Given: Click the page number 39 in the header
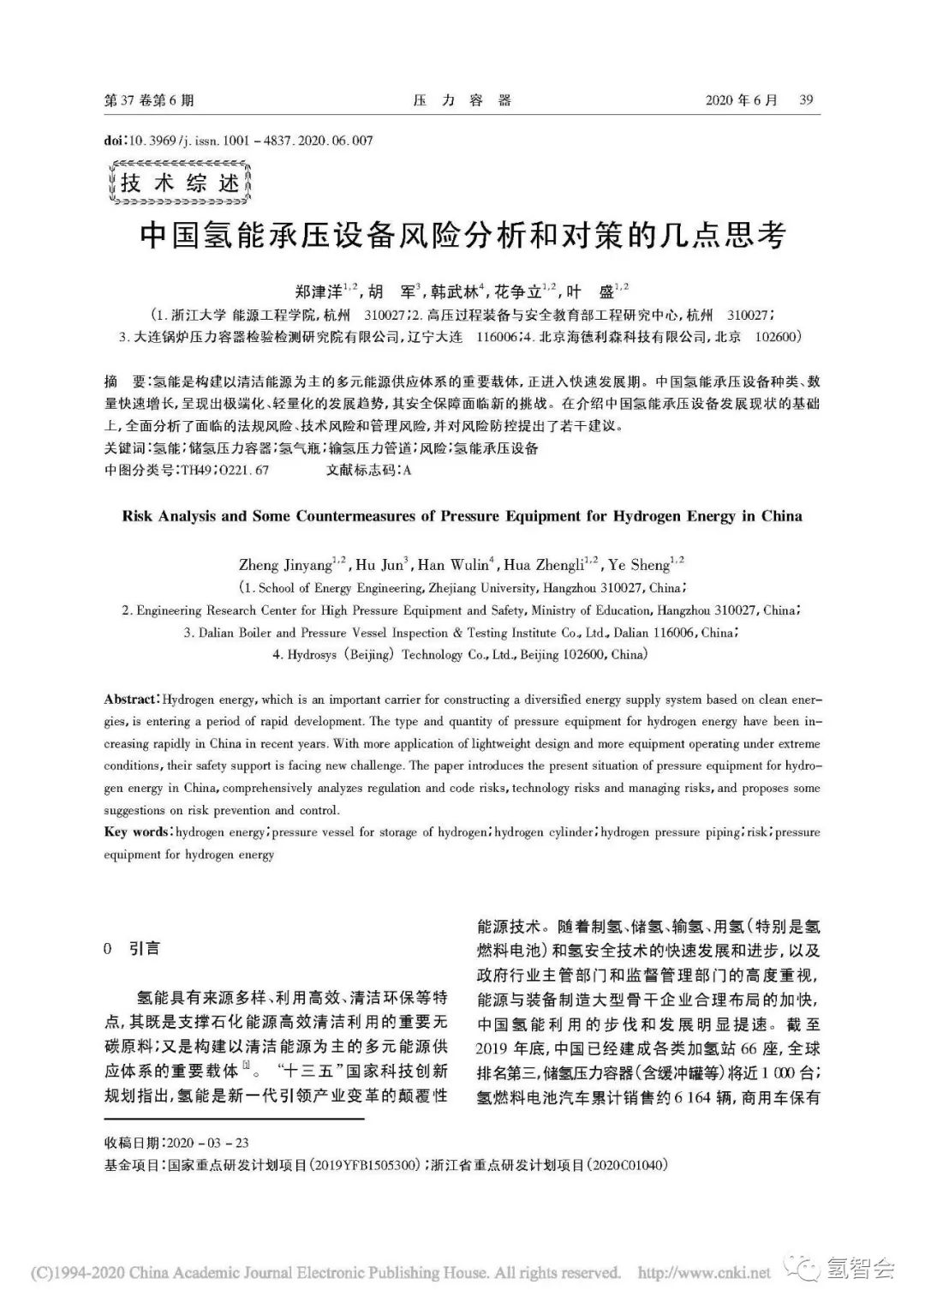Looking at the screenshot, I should point(805,100).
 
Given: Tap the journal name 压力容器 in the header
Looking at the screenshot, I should point(462,101).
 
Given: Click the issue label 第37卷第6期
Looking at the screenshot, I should point(149,101).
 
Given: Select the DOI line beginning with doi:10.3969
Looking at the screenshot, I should point(238,141).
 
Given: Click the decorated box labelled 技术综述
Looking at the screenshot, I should point(180,183).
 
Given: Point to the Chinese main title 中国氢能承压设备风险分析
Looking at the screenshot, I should point(462,235).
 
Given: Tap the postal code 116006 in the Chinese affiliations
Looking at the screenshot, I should point(497,337).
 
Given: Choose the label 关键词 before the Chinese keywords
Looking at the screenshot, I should point(123,448).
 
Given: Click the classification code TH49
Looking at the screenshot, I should point(194,471).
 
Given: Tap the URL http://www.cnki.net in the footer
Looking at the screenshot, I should point(704,1272).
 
